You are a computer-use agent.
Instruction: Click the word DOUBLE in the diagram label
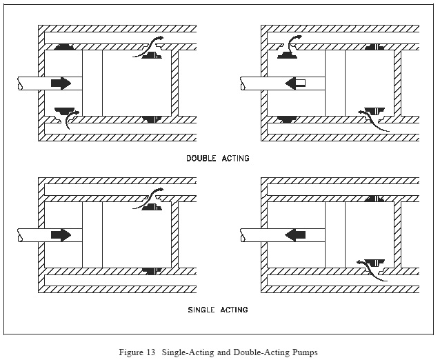pyautogui.click(x=201, y=158)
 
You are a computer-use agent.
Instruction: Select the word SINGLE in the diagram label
pyautogui.click(x=201, y=310)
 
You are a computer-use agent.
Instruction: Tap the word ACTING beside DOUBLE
pyautogui.click(x=235, y=158)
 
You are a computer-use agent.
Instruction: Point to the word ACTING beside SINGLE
pyautogui.click(x=234, y=310)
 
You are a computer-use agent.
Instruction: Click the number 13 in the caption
pyautogui.click(x=150, y=352)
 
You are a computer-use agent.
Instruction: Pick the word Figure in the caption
pyautogui.click(x=130, y=352)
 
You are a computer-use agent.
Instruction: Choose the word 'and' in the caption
pyautogui.click(x=223, y=352)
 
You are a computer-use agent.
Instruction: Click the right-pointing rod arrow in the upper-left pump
pyautogui.click(x=61, y=83)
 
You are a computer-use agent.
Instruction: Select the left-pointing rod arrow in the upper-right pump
pyautogui.click(x=295, y=83)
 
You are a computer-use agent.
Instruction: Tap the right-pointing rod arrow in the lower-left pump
pyautogui.click(x=61, y=235)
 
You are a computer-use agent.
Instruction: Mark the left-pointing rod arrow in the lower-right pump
pyautogui.click(x=295, y=235)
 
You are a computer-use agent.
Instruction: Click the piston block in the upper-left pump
pyautogui.click(x=92, y=83)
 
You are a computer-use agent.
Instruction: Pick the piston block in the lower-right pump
pyautogui.click(x=335, y=235)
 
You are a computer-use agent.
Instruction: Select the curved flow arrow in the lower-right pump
pyautogui.click(x=372, y=270)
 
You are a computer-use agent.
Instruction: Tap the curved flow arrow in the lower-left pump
pyautogui.click(x=148, y=198)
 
